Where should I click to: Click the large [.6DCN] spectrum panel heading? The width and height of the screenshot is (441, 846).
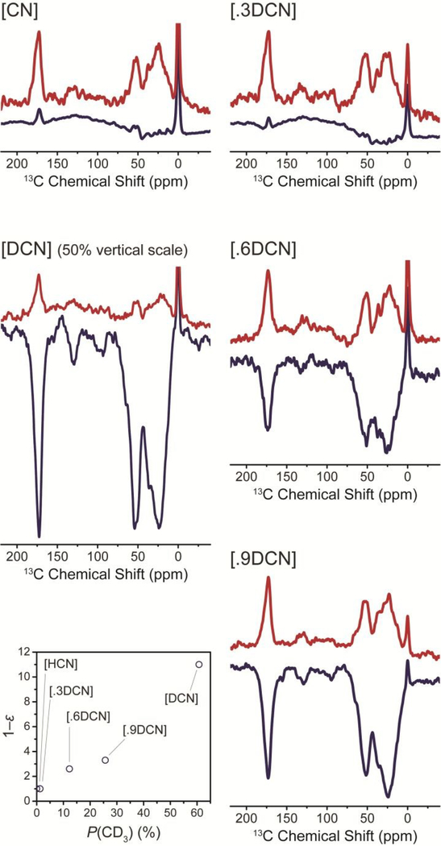click(x=261, y=251)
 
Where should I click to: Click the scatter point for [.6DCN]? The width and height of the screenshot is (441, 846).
click(x=69, y=769)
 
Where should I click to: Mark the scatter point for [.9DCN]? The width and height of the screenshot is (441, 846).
click(x=106, y=760)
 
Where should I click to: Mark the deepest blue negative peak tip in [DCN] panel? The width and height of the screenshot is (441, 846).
click(x=39, y=536)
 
